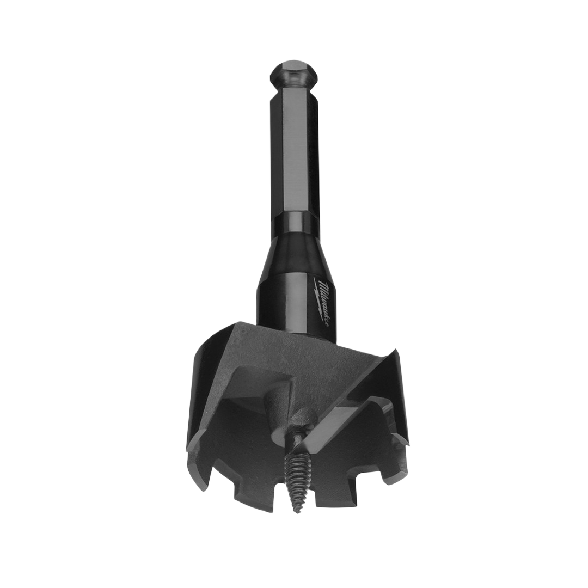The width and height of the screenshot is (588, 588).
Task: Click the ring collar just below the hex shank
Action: tap(295, 223)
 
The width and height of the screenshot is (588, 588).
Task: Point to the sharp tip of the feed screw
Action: tap(298, 512)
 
